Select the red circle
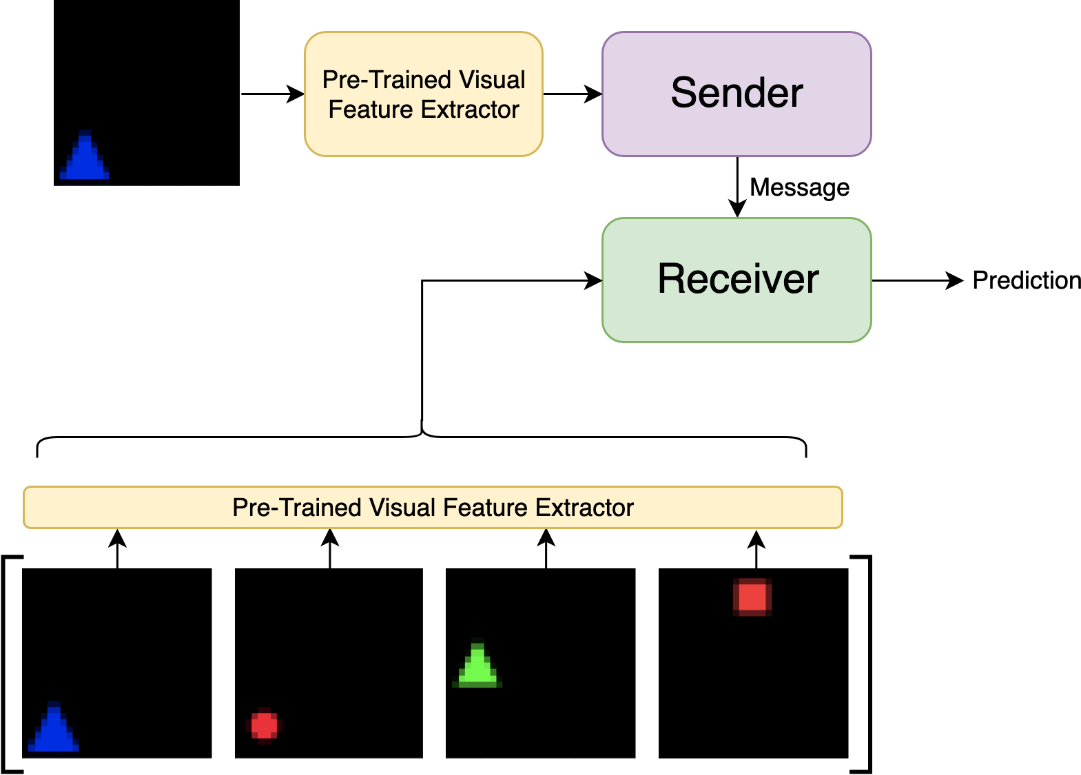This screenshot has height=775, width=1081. click(x=265, y=725)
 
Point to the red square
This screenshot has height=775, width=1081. click(x=752, y=597)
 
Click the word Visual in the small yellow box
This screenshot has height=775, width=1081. click(x=492, y=80)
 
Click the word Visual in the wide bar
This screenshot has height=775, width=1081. click(x=402, y=508)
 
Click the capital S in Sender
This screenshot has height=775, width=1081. click(x=683, y=93)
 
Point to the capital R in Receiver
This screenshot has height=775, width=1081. click(x=672, y=279)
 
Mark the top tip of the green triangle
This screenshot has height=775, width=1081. click(x=477, y=645)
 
